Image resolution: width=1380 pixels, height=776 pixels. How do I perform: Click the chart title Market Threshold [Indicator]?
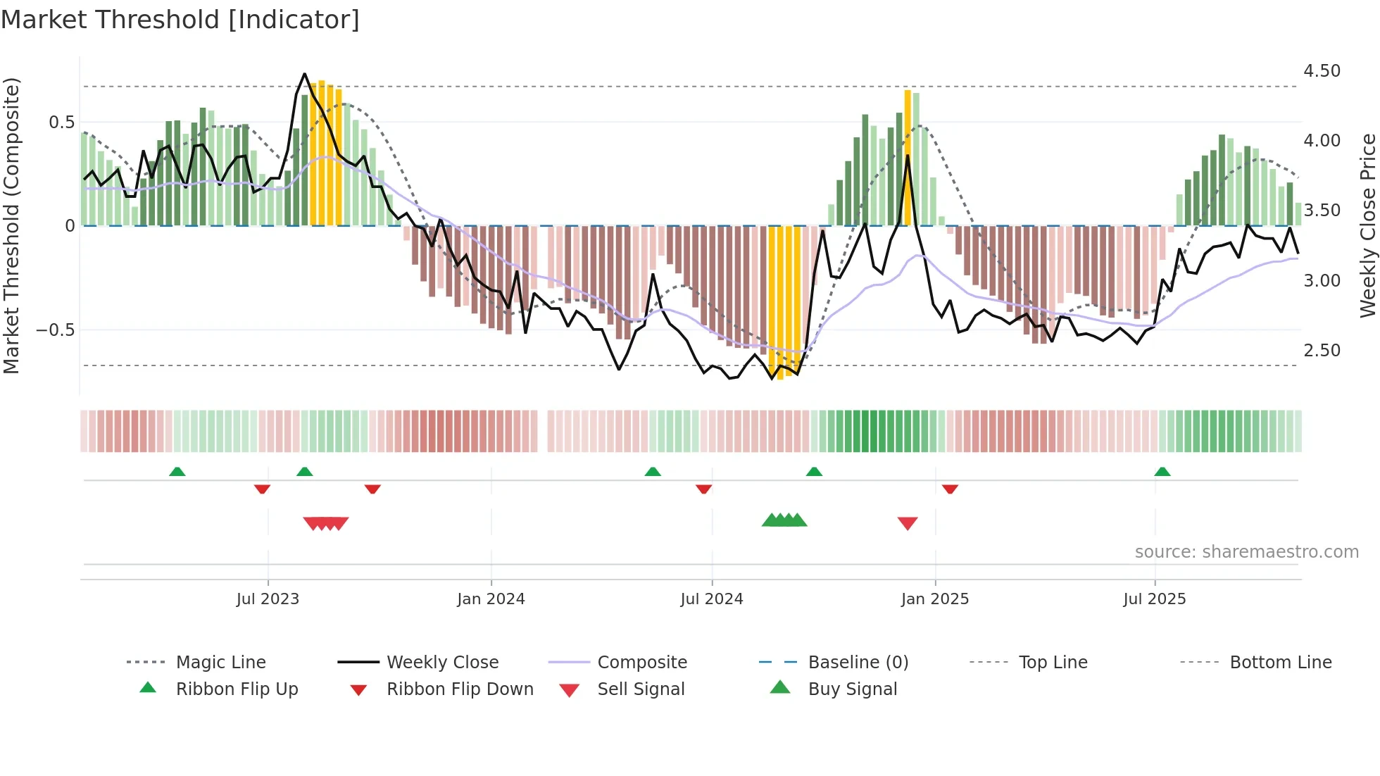coord(180,20)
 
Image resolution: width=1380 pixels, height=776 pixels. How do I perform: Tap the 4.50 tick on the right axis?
coord(1322,71)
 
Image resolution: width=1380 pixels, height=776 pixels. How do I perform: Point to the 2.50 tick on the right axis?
coord(1322,351)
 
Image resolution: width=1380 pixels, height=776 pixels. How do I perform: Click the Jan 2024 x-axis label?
coord(491,599)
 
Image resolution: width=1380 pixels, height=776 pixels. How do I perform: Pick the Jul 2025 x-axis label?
coord(1154,599)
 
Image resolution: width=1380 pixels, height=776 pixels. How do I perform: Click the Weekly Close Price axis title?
coord(1367,225)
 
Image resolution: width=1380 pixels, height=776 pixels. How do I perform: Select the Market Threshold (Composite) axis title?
coord(11,225)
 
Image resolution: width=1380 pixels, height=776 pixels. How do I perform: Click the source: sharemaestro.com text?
coord(1246,552)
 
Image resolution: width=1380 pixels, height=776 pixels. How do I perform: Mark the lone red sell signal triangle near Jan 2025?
coord(908,523)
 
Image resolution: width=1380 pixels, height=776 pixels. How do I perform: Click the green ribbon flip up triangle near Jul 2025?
coord(1162,472)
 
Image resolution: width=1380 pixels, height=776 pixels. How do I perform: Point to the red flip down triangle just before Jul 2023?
coord(262,489)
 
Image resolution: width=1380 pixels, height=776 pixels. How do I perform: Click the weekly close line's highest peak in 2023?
coord(304,74)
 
